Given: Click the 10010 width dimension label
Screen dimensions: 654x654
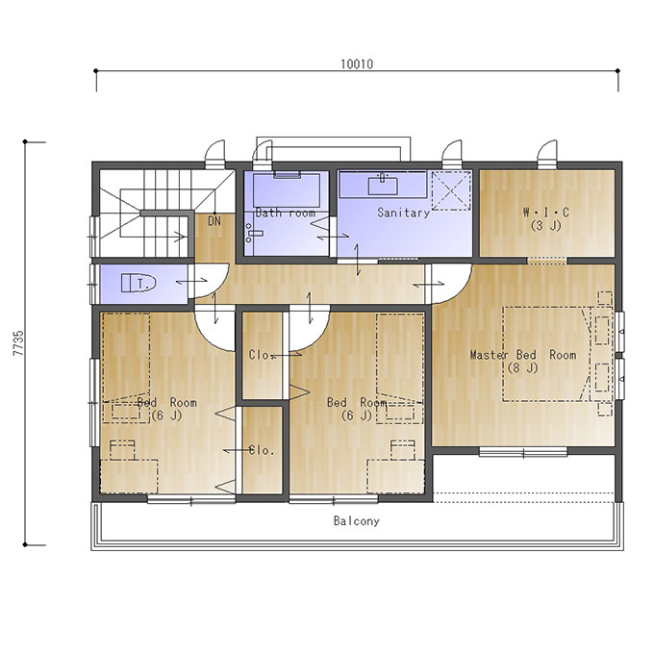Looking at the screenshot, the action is [x=357, y=64].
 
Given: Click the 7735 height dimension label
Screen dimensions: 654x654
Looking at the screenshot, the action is [x=19, y=342].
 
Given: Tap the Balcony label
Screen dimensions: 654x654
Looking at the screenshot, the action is [x=357, y=521].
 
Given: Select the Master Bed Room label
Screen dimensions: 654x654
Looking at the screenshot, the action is [x=523, y=355].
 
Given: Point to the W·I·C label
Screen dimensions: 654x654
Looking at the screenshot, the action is [x=546, y=213].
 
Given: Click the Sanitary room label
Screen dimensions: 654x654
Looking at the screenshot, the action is [x=403, y=213].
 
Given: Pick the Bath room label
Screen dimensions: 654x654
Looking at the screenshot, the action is [x=286, y=213].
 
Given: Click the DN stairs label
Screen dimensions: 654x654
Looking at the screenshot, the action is [x=214, y=221].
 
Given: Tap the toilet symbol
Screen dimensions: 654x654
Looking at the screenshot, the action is [x=138, y=283].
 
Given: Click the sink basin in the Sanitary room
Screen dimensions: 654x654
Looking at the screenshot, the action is [x=383, y=186].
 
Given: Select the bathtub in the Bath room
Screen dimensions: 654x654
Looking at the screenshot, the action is [x=287, y=190].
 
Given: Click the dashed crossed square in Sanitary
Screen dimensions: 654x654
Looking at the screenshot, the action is [x=451, y=190].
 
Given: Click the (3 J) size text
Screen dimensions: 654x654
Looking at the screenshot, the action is [x=546, y=226].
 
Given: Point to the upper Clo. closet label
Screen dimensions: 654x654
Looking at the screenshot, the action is [x=261, y=355].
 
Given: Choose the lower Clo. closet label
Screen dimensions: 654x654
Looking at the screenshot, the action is [x=262, y=450].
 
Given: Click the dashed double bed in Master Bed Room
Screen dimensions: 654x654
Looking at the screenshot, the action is [x=546, y=355].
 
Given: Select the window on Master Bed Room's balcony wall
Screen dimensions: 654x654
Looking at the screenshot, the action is [x=523, y=452].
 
